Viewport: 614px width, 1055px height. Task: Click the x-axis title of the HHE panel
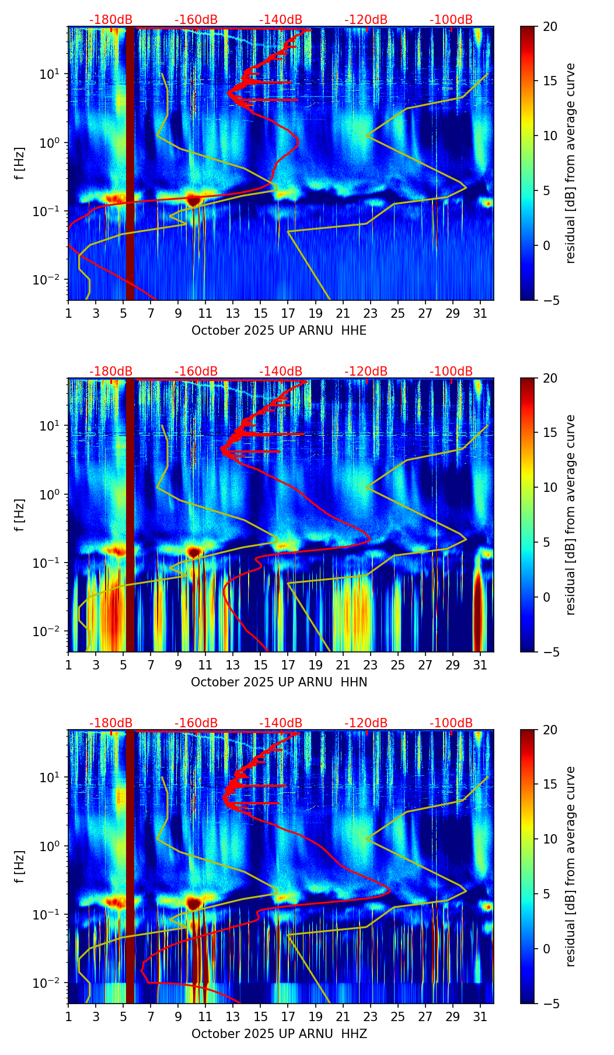point(279,331)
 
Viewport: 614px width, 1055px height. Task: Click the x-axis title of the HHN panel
point(279,682)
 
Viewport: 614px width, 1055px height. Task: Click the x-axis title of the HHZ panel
point(279,1034)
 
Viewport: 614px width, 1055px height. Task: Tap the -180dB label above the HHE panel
point(111,20)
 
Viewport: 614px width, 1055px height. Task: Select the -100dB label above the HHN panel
point(451,372)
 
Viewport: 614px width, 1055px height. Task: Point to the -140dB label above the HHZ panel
point(281,723)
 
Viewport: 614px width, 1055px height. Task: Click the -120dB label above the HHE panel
point(366,20)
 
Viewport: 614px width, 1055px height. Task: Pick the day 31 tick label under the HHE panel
point(480,314)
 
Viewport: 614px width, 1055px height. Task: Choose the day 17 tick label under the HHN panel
point(288,665)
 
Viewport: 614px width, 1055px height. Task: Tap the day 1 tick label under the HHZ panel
point(68,1017)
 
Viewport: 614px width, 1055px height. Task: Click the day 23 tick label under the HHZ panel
point(371,1017)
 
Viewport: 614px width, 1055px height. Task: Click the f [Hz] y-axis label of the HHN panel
point(20,515)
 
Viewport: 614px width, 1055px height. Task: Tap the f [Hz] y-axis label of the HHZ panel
point(20,866)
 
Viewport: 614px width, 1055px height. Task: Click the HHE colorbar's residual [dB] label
point(570,163)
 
